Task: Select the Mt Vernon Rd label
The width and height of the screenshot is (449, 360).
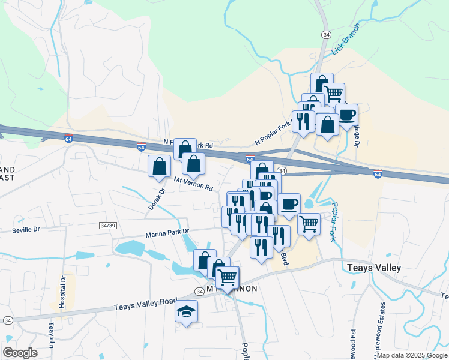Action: click(x=193, y=184)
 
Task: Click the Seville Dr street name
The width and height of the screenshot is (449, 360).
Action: click(x=25, y=229)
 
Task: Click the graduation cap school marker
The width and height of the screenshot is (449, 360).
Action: click(x=186, y=311)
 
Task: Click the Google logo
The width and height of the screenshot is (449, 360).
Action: click(x=20, y=352)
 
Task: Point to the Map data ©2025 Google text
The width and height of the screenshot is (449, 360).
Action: click(x=412, y=355)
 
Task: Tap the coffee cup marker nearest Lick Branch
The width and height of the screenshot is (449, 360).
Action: click(x=346, y=114)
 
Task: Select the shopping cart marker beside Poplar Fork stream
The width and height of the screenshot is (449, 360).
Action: click(x=309, y=224)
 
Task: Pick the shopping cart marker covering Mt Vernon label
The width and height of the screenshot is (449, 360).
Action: click(x=228, y=278)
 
